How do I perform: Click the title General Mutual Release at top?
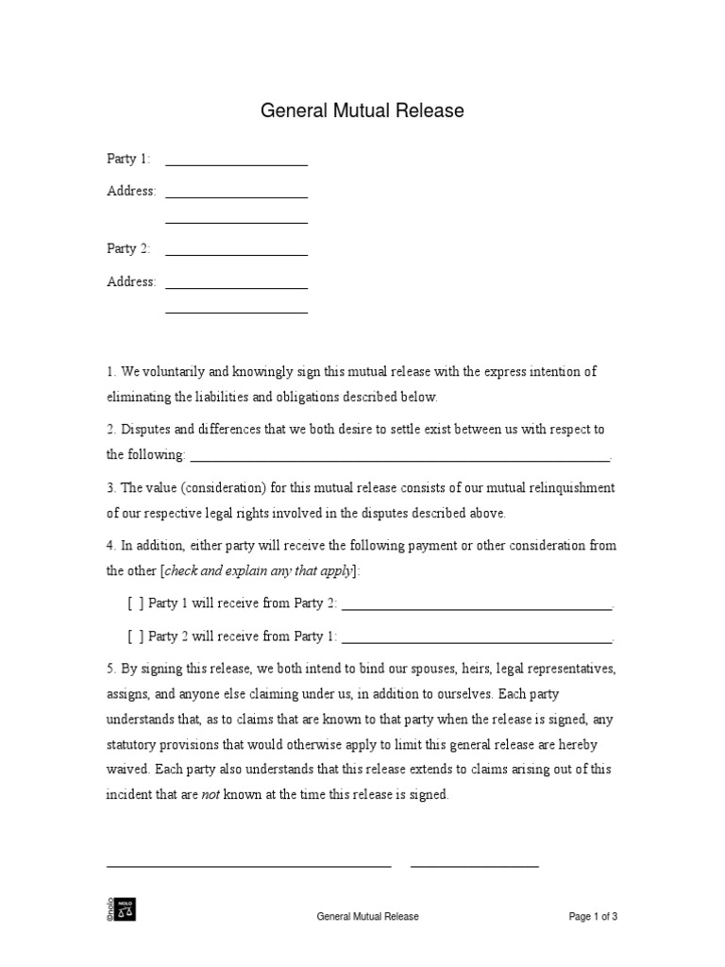point(362,111)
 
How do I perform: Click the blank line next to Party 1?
point(236,164)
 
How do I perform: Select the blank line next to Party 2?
point(236,254)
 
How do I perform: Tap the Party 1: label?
point(128,159)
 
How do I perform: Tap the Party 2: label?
point(128,248)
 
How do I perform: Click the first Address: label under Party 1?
point(131,191)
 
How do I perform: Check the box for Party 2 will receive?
point(136,636)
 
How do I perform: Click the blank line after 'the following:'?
point(400,460)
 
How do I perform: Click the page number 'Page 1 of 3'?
point(593,916)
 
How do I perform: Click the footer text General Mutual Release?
point(367,916)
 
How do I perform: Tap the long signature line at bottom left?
point(248,865)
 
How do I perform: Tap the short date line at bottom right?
point(474,865)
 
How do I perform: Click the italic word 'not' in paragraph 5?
point(211,795)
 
